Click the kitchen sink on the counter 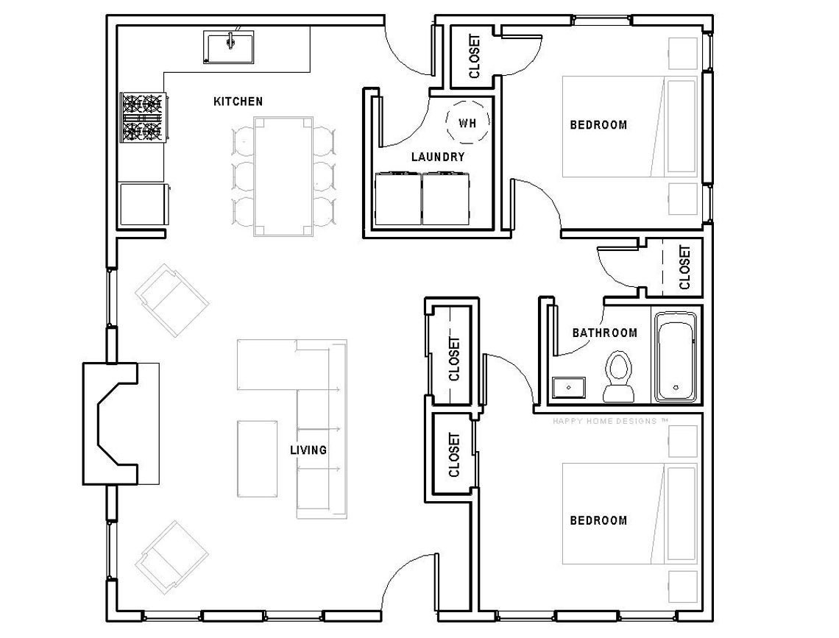(229, 46)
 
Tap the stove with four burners (143, 117)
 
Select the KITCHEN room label (238, 102)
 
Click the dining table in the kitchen (284, 176)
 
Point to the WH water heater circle (467, 123)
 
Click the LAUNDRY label (437, 157)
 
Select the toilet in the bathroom (618, 377)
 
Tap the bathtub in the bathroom (676, 357)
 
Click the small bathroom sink (569, 386)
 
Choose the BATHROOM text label (604, 333)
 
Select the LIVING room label (308, 450)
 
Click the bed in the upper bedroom (629, 126)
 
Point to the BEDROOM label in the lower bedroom (598, 521)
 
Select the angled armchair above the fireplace (171, 302)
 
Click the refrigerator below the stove (143, 204)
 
